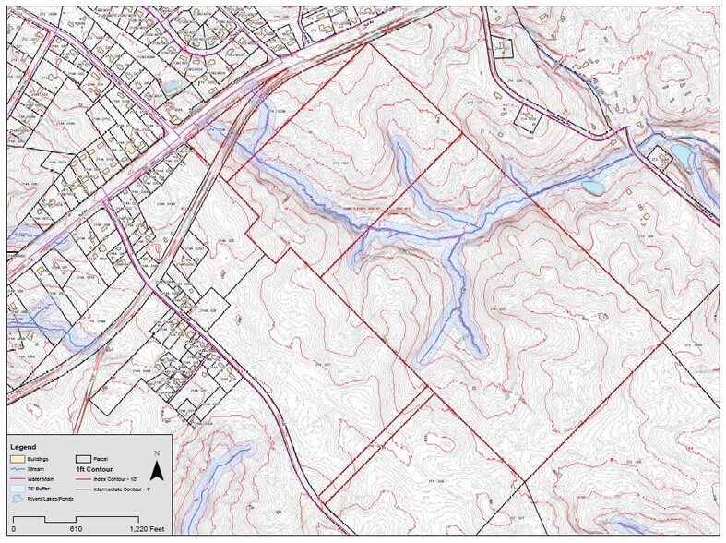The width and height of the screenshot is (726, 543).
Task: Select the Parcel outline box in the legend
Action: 85,458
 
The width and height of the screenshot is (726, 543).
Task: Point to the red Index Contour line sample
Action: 85,478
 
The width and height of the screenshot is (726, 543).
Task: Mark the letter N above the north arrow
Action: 158,453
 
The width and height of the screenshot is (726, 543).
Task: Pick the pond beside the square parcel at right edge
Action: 684,151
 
